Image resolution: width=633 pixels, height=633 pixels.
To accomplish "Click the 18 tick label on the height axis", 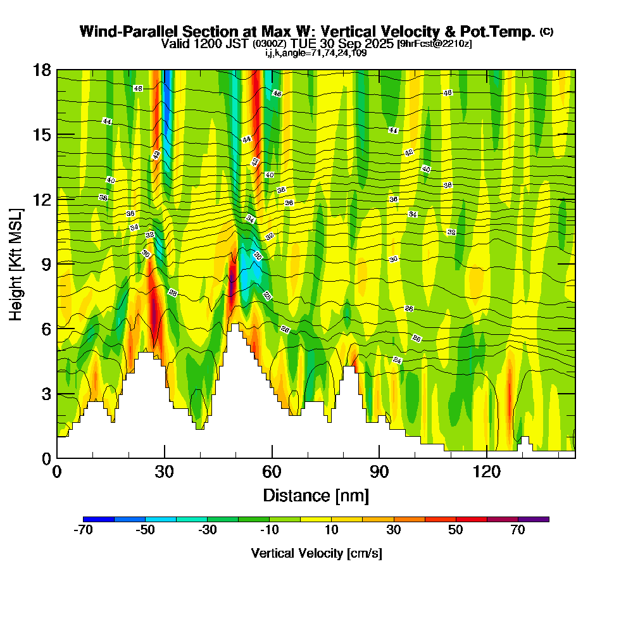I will click(42, 70).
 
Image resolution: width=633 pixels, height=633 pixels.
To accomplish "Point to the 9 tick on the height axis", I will click(57, 263).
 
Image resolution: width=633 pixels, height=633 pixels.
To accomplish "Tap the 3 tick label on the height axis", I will click(46, 394).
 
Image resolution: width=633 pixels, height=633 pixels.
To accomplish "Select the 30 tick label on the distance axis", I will click(164, 472).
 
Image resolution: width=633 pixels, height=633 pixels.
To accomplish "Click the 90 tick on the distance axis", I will click(379, 458).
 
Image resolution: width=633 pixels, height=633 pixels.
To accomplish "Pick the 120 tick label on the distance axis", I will click(486, 472).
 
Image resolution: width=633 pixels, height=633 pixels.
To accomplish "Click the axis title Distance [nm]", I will click(316, 495).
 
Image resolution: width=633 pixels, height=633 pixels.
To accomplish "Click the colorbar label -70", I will click(83, 530).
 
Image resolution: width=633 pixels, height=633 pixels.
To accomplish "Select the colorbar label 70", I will click(518, 530).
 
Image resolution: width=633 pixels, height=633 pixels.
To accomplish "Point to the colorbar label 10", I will click(331, 530).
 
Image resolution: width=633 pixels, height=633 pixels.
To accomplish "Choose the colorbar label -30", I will click(207, 530).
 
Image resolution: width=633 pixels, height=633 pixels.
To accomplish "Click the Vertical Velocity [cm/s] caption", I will click(316, 553).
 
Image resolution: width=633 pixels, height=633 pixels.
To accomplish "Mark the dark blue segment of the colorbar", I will click(99, 519).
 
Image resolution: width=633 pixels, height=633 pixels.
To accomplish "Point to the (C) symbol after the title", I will click(547, 32).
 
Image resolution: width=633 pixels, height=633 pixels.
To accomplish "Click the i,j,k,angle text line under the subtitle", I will click(316, 53).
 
